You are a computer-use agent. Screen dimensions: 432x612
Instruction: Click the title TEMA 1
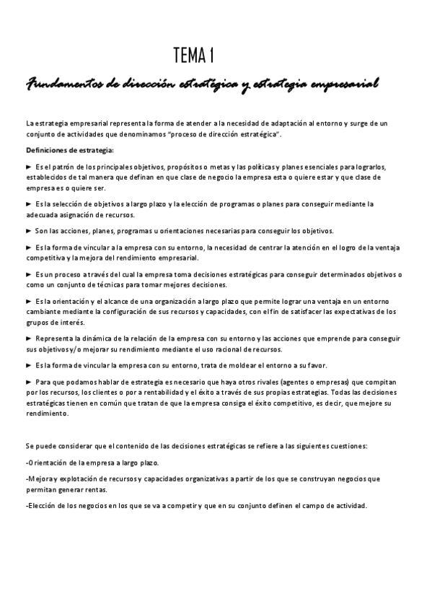pos(193,55)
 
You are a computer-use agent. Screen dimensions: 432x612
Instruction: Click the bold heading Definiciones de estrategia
pos(69,149)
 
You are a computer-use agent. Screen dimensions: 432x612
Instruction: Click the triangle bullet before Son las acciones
pos(28,231)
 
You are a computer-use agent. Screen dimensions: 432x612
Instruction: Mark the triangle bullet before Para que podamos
pos(28,382)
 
